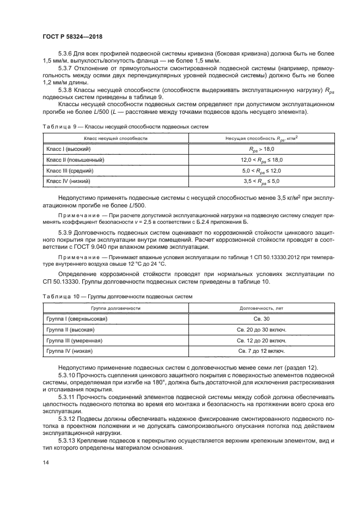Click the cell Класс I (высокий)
[x=68, y=149]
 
